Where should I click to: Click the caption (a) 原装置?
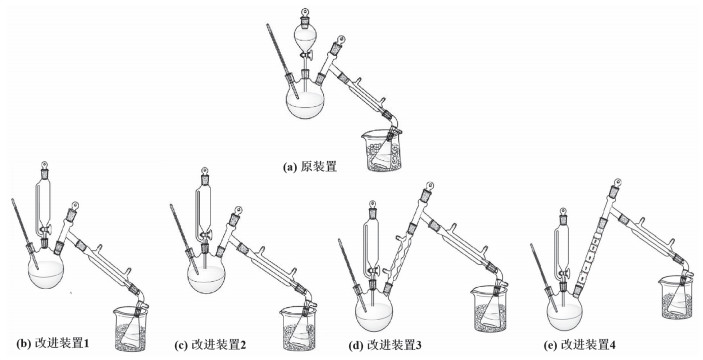click(310, 167)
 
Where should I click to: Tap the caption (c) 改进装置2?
click(210, 345)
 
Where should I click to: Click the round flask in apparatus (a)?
click(305, 101)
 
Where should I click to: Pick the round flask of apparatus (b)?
click(46, 271)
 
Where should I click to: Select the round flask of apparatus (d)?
click(373, 313)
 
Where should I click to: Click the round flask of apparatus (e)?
click(565, 313)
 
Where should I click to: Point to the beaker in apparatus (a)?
click(383, 150)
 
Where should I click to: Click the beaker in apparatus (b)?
click(130, 329)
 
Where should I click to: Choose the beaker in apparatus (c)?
click(298, 328)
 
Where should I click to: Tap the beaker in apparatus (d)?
click(489, 309)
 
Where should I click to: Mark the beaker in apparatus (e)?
click(677, 297)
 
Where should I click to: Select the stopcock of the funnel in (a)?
click(307, 56)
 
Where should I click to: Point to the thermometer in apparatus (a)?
click(282, 61)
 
